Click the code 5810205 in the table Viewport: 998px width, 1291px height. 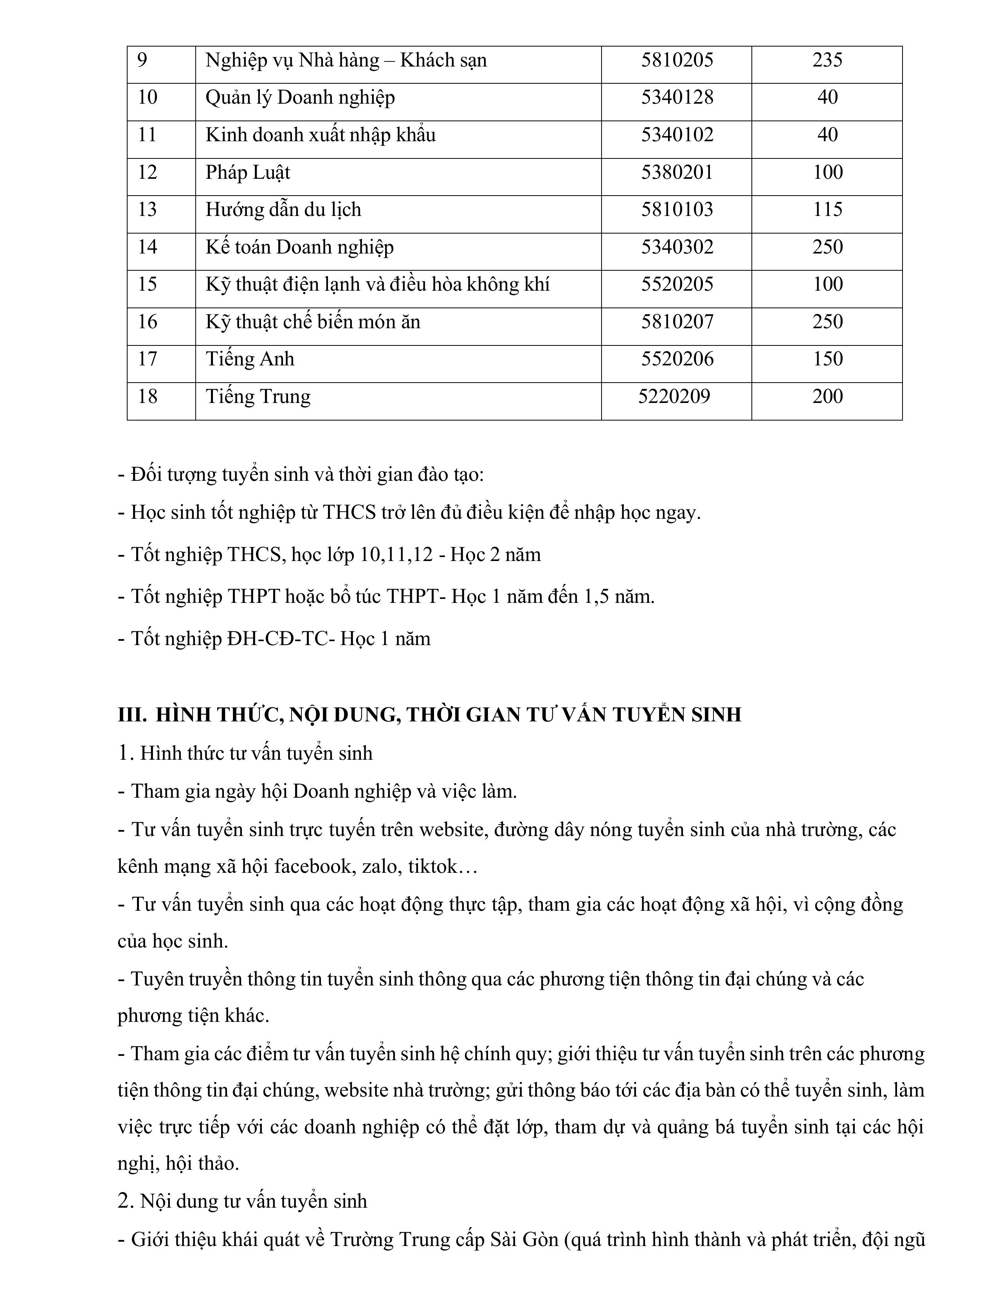point(677,60)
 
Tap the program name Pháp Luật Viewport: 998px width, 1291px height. point(248,173)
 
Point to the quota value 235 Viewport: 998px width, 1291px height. point(827,60)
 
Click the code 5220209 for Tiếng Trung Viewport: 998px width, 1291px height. point(674,396)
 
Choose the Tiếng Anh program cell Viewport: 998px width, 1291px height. point(250,359)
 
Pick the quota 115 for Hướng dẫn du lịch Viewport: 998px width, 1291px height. point(827,210)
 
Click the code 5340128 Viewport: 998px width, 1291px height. point(677,97)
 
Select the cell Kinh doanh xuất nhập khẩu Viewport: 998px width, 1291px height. point(321,135)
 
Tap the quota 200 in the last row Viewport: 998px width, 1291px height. point(827,396)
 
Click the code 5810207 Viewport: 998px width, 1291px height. point(677,322)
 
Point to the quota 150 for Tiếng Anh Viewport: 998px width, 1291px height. point(827,359)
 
